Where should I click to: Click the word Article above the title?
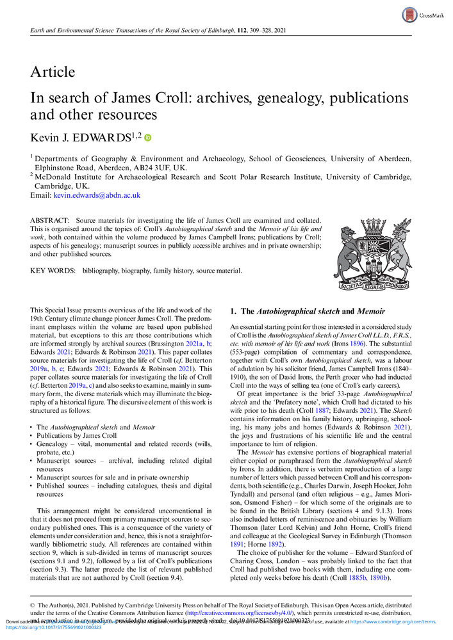point(53,72)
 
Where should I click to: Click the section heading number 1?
point(233,312)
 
